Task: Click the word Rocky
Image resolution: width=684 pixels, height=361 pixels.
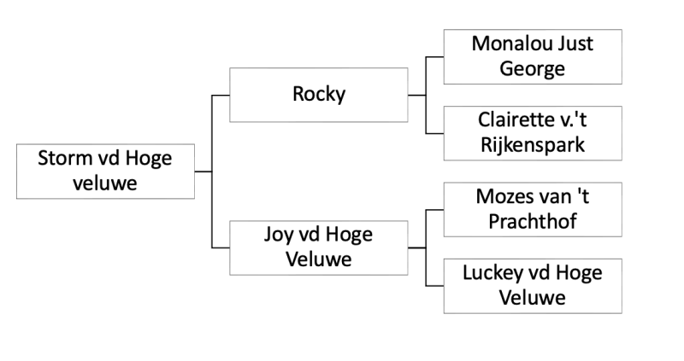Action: point(318,94)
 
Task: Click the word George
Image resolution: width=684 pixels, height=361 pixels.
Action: point(532,68)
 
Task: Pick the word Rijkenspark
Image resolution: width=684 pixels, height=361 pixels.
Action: point(532,145)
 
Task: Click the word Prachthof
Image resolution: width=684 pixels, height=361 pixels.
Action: point(532,221)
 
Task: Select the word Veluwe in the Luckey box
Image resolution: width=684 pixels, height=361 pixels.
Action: point(532,298)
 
